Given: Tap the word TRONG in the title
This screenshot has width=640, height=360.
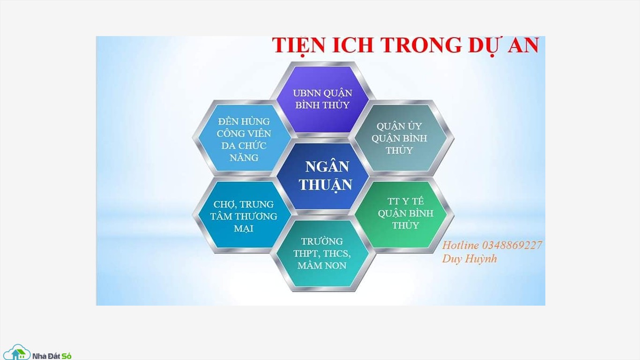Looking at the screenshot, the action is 421,45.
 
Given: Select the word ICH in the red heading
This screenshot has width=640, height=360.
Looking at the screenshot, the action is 353,45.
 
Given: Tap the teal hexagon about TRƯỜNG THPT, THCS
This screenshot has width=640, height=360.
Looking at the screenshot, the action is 322,253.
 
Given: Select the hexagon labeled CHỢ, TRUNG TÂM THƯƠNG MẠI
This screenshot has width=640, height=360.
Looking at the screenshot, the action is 244,215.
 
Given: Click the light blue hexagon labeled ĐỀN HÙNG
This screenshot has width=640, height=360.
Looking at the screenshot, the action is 244,138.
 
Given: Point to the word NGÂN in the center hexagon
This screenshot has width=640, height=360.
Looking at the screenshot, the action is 327,166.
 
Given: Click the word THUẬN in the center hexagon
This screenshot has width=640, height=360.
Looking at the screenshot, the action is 326,185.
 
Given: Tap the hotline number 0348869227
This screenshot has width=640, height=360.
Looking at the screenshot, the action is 512,245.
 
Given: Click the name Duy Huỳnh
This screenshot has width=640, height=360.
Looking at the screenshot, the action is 470,259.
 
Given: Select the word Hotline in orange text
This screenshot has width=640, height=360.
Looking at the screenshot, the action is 461,245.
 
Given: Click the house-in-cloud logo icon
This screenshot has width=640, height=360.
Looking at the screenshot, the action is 17,352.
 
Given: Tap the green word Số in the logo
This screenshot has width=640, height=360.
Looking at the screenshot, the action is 67,356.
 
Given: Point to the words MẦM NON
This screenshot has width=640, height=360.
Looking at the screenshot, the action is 322,266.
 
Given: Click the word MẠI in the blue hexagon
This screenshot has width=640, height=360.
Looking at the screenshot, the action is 244,228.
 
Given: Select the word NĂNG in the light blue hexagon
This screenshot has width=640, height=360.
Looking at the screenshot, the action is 244,157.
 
